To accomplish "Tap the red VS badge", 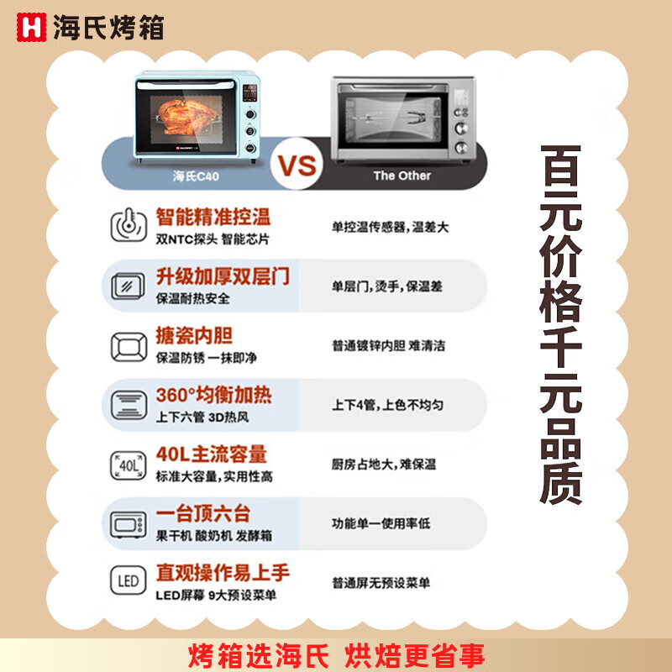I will coord(298,165).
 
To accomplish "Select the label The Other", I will coord(402,176).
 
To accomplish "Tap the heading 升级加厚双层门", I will coord(223,276).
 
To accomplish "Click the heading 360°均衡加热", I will coord(214,395).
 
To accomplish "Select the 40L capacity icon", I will coord(128,464).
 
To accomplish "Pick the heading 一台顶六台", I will coord(203,514).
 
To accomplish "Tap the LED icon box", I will coord(128,582).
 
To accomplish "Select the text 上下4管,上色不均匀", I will coord(387,404).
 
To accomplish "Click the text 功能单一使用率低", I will coord(381,522).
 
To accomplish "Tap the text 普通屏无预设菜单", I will coord(381,582).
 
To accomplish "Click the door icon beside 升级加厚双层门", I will coord(128,286).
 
